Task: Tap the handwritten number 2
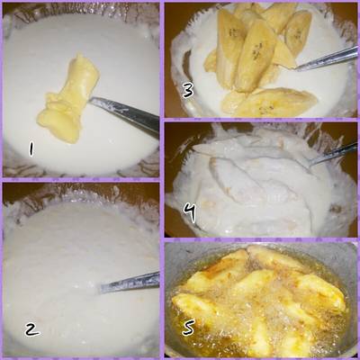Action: click(x=33, y=328)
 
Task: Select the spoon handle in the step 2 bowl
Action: click(x=130, y=282)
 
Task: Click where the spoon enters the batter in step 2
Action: click(x=102, y=289)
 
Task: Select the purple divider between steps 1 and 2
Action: click(x=81, y=180)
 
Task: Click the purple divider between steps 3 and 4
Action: click(x=261, y=119)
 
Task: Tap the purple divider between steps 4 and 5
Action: click(x=261, y=239)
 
